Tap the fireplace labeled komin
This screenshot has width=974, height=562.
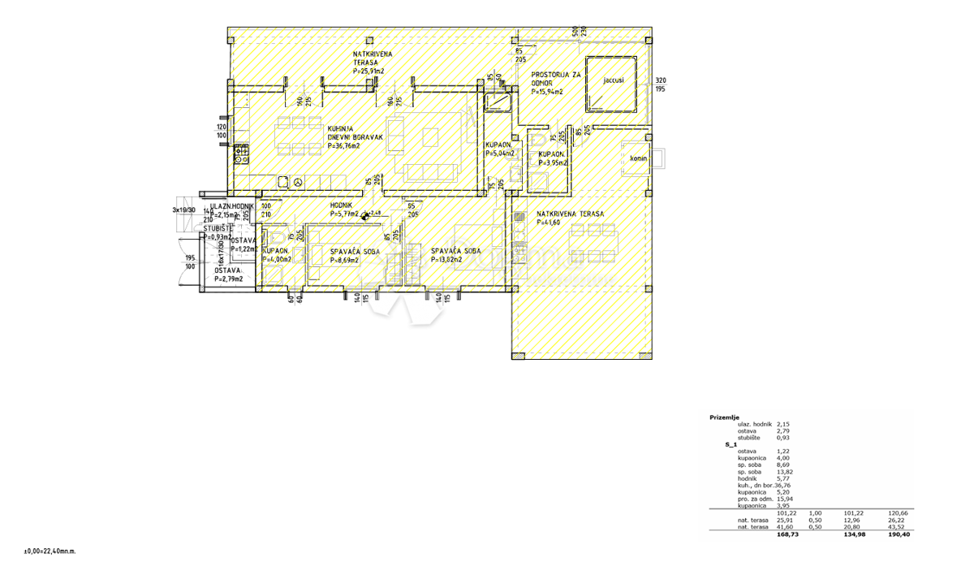[638, 158]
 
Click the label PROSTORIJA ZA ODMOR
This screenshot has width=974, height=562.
[556, 79]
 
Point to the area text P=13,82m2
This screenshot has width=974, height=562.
[446, 260]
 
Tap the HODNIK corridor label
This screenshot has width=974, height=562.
[342, 205]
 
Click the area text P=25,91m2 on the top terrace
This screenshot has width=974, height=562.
[373, 71]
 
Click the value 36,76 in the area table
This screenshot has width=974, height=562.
[786, 486]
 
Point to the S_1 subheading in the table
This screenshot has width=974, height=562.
[730, 445]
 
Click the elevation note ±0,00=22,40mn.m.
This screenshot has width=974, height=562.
[32, 551]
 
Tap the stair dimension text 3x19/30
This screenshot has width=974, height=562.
[183, 209]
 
